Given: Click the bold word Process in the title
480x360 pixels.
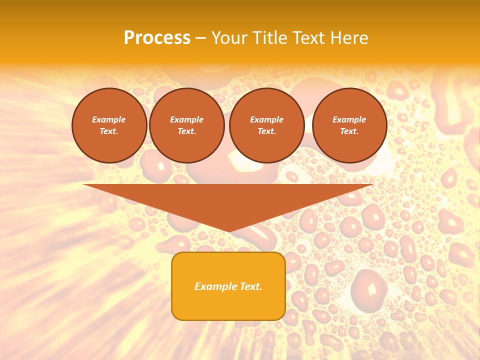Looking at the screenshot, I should pyautogui.click(x=157, y=38).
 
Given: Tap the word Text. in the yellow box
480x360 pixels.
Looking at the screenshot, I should pyautogui.click(x=250, y=286).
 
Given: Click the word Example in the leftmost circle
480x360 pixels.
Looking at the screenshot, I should pyautogui.click(x=109, y=119).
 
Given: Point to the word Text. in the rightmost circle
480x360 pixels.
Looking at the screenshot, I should pyautogui.click(x=349, y=131).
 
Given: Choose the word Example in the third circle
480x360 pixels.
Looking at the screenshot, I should pyautogui.click(x=266, y=119).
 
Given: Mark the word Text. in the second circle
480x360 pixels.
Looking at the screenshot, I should pyautogui.click(x=186, y=131).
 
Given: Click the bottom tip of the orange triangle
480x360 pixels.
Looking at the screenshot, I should pyautogui.click(x=229, y=231).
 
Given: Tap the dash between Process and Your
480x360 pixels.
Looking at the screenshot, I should pyautogui.click(x=201, y=38).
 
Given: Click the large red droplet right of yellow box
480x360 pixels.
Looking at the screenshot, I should pyautogui.click(x=369, y=289).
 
